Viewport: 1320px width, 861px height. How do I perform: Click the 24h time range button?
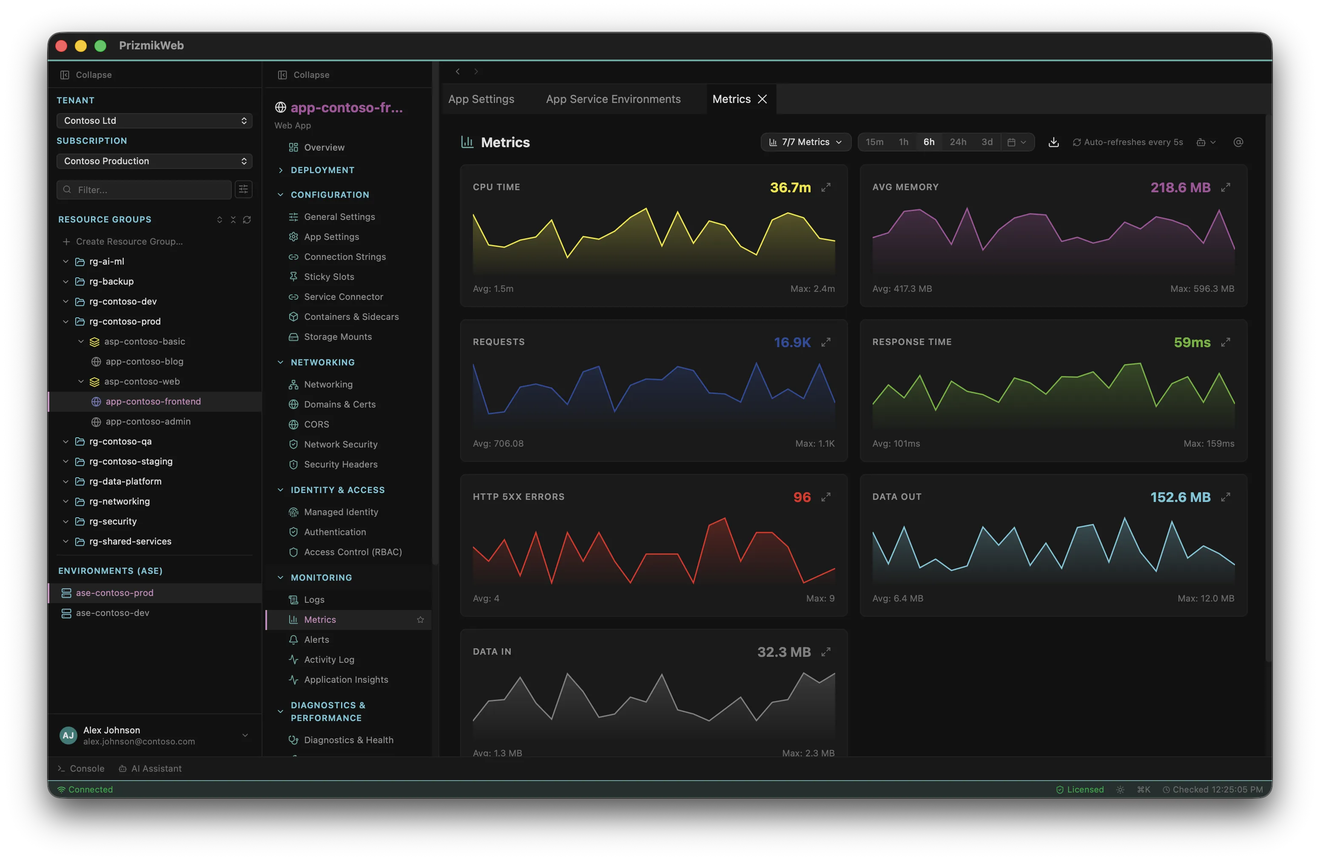click(x=958, y=142)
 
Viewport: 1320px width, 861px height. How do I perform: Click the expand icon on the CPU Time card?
click(x=826, y=188)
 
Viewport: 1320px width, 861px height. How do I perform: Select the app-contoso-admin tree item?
click(x=148, y=422)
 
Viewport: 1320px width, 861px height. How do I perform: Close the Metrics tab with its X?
click(x=762, y=99)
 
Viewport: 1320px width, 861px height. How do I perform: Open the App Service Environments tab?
click(x=613, y=99)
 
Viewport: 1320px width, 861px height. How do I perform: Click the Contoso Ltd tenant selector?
click(x=154, y=120)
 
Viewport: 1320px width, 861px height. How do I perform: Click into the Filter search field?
click(x=144, y=190)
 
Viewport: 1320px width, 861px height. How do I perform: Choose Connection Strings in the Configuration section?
click(x=344, y=257)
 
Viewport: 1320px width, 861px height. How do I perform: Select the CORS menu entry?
click(x=316, y=425)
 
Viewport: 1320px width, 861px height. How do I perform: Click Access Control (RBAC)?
click(x=353, y=552)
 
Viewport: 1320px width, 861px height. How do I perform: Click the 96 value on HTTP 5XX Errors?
click(x=802, y=497)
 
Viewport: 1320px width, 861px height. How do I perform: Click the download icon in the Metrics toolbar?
click(x=1054, y=143)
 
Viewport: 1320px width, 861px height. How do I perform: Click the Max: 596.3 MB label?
click(x=1202, y=288)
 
